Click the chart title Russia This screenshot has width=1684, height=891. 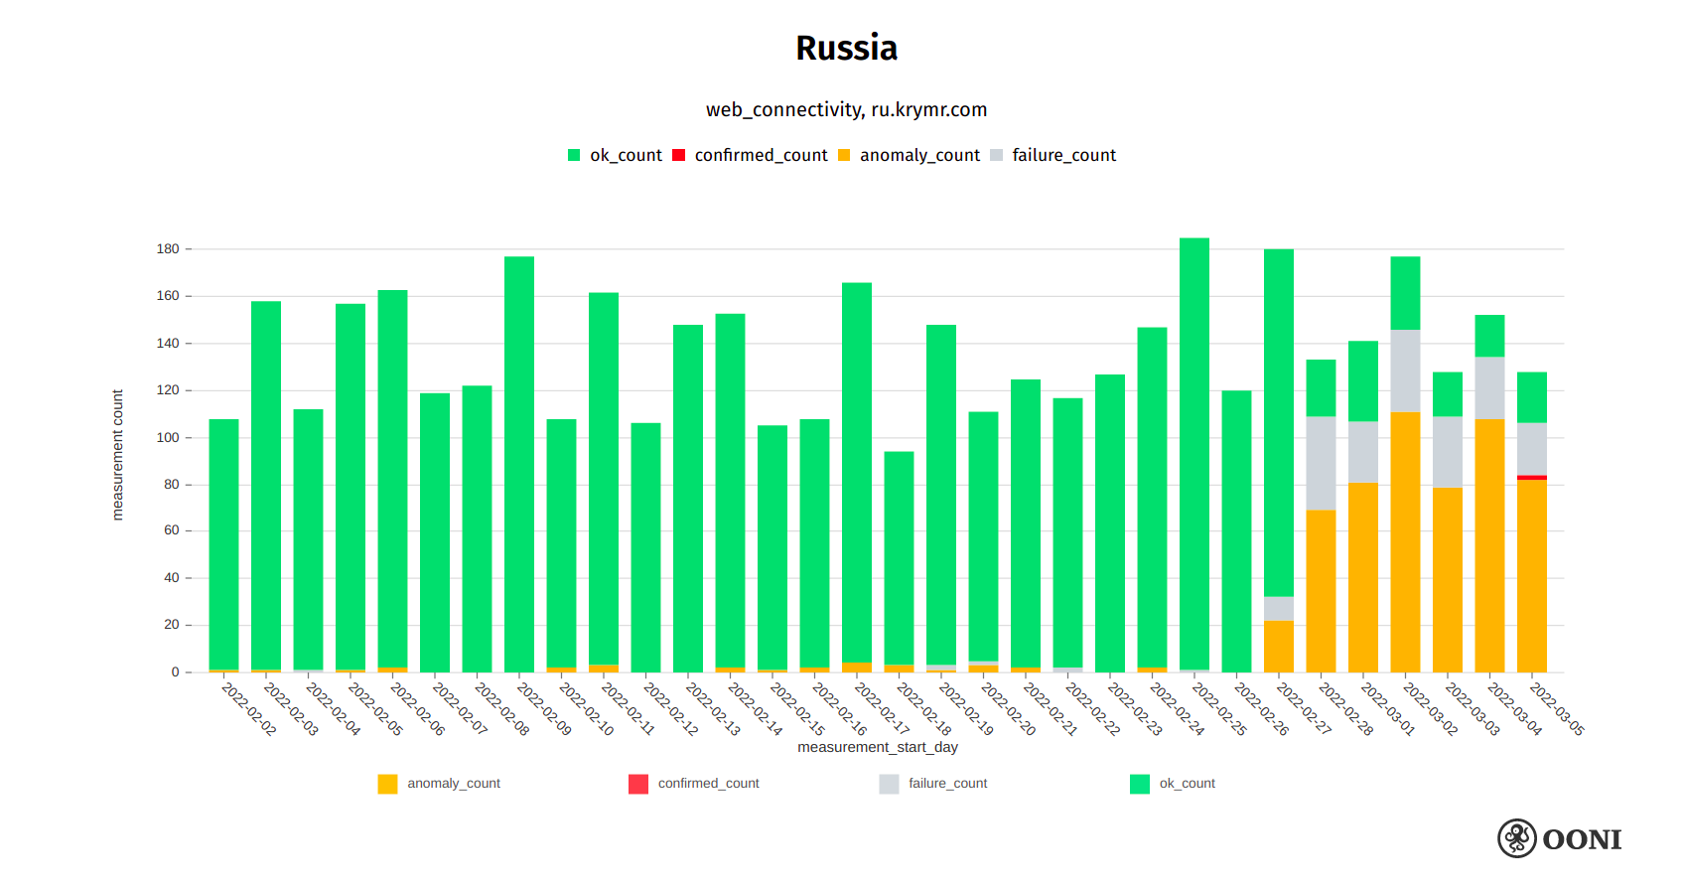point(846,48)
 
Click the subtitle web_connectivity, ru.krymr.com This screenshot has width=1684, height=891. point(846,109)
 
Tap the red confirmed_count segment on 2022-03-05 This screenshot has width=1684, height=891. point(1531,478)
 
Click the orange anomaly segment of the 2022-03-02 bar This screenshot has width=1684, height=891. point(1405,541)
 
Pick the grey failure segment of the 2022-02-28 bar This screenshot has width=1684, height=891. point(1321,463)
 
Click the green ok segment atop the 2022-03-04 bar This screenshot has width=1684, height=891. point(1489,336)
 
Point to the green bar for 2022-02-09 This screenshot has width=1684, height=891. point(519,464)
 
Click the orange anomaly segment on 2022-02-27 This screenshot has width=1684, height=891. point(1279,646)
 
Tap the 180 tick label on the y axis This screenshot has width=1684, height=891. point(168,249)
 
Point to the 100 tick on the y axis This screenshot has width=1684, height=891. point(168,437)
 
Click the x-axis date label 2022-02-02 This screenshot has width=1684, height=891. point(248,708)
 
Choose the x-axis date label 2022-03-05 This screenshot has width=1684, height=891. point(1556,708)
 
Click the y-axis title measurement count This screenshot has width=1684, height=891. point(117,455)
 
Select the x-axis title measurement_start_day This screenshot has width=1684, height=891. point(878,747)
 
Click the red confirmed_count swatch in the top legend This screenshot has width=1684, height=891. point(679,155)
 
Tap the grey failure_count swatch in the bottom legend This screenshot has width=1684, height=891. point(889,784)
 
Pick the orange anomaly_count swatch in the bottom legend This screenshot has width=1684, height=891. point(387,784)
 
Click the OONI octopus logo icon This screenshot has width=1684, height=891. point(1517,838)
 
